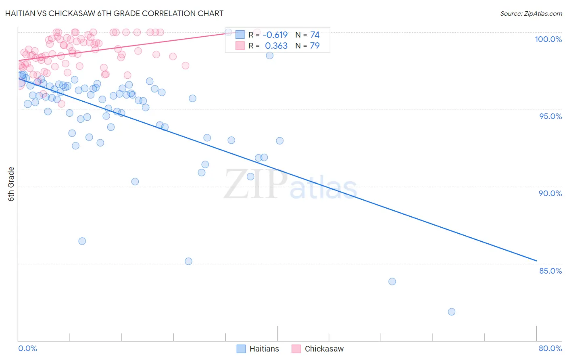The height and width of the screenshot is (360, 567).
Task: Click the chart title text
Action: click(x=114, y=13)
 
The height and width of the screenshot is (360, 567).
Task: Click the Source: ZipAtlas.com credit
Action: click(x=531, y=13)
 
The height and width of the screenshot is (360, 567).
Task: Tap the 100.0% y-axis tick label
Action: click(x=548, y=39)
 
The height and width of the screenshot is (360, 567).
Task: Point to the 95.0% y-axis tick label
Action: click(x=550, y=116)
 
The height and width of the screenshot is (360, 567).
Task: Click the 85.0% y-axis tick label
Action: click(x=550, y=271)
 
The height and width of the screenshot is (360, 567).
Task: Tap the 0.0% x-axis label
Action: click(x=27, y=348)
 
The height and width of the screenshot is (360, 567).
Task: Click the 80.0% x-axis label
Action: click(x=550, y=348)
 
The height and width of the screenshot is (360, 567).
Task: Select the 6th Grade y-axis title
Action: click(x=11, y=184)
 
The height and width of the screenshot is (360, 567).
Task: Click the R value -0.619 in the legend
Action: click(x=275, y=35)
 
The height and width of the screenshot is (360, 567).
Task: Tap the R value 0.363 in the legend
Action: click(x=276, y=46)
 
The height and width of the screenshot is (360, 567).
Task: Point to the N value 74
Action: click(x=315, y=35)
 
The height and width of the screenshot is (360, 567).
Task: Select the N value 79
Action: click(x=315, y=46)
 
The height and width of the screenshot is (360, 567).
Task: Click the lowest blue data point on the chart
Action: click(x=451, y=312)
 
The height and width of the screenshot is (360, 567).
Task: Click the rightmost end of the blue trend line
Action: click(x=536, y=261)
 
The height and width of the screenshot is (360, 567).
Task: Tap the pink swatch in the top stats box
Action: click(x=240, y=46)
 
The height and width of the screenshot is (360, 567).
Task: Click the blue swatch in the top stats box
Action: click(x=240, y=35)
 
